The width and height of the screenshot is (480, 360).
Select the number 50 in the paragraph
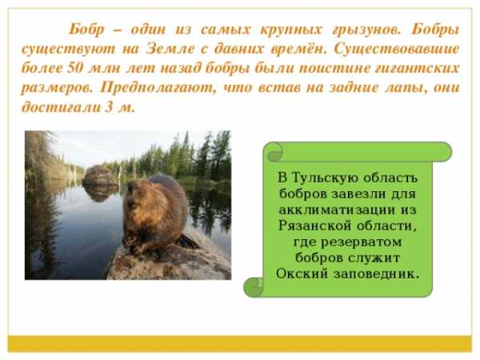(x=74, y=68)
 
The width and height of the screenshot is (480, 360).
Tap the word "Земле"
(x=170, y=49)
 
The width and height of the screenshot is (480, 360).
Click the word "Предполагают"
(x=158, y=88)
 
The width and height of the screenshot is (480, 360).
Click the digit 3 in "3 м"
(x=110, y=107)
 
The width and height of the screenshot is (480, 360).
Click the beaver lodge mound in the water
(x=99, y=176)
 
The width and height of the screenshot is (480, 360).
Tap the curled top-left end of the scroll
(x=274, y=152)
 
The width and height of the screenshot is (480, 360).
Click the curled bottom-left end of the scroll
(x=254, y=287)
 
